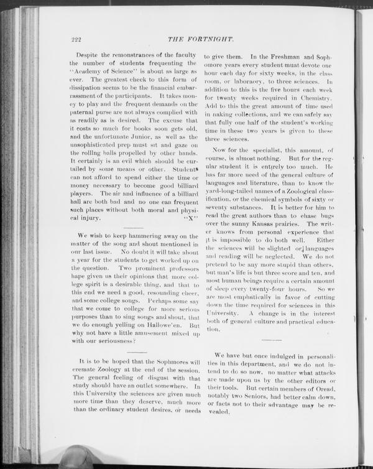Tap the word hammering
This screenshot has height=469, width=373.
[141, 236]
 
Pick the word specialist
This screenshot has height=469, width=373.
[267, 151]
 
